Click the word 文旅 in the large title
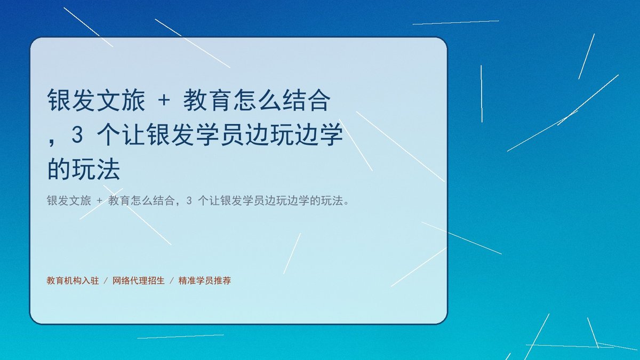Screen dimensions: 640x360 [121, 100]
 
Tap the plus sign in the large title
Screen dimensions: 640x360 [164, 101]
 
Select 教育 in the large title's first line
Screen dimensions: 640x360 [207, 100]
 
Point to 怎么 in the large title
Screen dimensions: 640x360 [257, 100]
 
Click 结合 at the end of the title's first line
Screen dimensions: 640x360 [306, 100]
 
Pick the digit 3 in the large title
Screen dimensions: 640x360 [77, 134]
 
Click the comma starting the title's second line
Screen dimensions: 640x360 [51, 142]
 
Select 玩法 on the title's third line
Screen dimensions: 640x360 [96, 169]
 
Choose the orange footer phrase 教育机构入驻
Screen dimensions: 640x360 [73, 281]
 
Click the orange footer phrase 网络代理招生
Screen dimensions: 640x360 [139, 281]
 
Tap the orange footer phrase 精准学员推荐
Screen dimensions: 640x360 [205, 281]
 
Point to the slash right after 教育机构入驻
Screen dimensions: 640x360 [106, 281]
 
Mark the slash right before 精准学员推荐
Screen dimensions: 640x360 [171, 281]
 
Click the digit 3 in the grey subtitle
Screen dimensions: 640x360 [189, 201]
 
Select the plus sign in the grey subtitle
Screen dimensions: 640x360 [99, 201]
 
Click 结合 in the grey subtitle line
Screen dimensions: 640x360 [164, 201]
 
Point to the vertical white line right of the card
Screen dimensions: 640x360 [482, 94]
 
